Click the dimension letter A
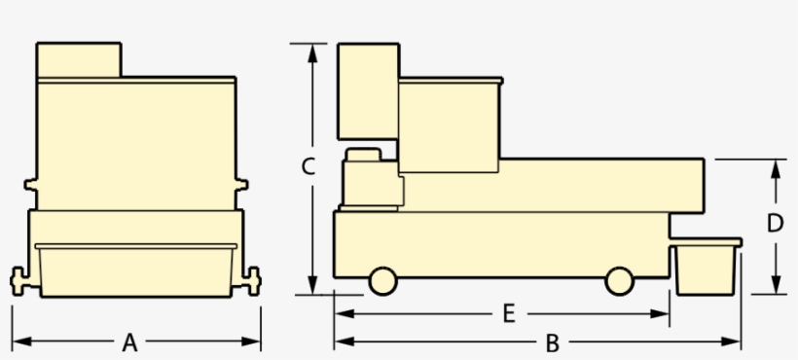pyautogui.click(x=129, y=342)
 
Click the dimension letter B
pyautogui.click(x=552, y=342)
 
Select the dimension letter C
pyautogui.click(x=307, y=167)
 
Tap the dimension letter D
pyautogui.click(x=775, y=223)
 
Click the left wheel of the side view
pyautogui.click(x=382, y=280)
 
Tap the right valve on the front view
pyautogui.click(x=252, y=280)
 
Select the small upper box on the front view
pyautogui.click(x=79, y=60)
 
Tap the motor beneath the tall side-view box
pyautogui.click(x=371, y=180)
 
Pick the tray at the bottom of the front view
pyautogui.click(x=136, y=269)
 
